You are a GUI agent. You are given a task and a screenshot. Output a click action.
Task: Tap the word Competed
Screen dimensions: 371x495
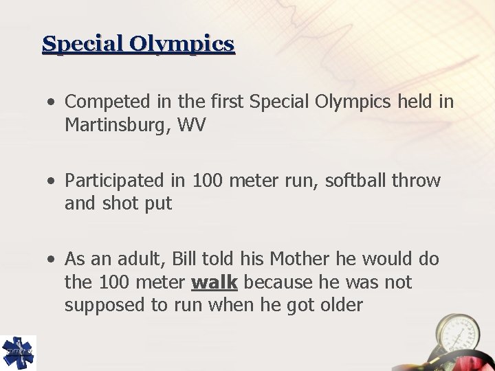click(x=103, y=102)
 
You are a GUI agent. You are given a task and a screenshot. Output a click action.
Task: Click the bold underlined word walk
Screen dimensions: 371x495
click(x=214, y=282)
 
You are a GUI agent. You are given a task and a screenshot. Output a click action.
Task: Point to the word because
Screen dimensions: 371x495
click(x=276, y=282)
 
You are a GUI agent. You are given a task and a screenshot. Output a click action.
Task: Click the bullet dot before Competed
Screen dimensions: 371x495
click(x=52, y=103)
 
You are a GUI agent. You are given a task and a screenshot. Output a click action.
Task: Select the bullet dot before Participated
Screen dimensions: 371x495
click(x=52, y=182)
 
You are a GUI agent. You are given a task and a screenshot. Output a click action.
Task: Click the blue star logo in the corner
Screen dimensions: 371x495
click(x=16, y=352)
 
